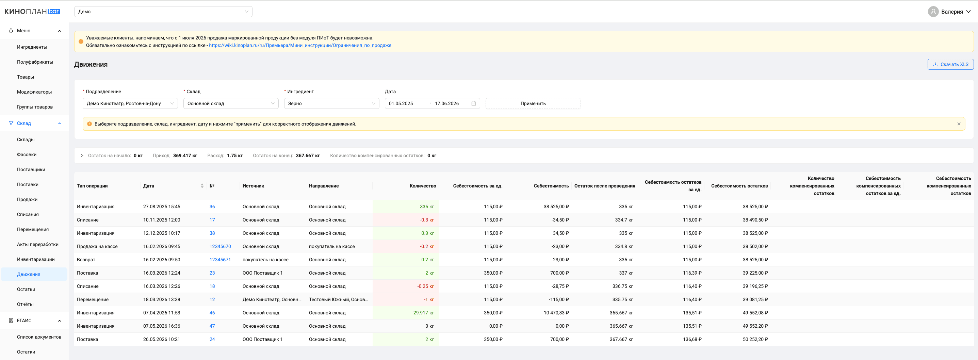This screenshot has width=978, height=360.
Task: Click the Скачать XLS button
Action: click(950, 64)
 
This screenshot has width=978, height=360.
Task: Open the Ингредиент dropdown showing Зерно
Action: click(331, 103)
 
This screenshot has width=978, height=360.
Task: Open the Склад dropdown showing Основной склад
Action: click(231, 103)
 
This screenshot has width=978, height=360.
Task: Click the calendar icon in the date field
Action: click(473, 103)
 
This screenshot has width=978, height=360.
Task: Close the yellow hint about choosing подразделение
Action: click(959, 124)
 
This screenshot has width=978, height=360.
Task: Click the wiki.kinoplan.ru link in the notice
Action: click(300, 45)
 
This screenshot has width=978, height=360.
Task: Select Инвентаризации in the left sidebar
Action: click(36, 259)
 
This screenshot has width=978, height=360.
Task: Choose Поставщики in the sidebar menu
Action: click(31, 169)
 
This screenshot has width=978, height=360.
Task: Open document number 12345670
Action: click(220, 246)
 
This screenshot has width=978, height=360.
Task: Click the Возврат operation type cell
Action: click(86, 260)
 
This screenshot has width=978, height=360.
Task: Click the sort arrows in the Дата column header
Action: click(202, 186)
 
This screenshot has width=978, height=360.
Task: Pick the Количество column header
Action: click(423, 186)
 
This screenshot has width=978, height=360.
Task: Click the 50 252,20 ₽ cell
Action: click(755, 340)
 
